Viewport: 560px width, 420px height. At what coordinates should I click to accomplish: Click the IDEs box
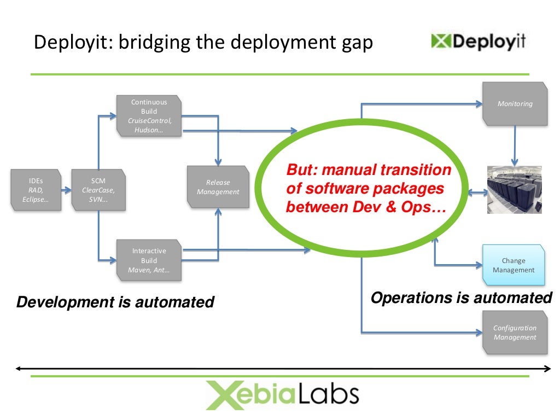coord(36,190)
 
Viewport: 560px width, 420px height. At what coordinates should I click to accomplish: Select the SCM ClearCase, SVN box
coord(98,190)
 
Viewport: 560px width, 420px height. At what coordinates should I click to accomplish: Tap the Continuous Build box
coord(149,116)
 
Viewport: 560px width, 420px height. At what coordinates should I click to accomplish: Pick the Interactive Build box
coord(149,260)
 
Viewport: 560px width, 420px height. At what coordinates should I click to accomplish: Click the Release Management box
coord(218,187)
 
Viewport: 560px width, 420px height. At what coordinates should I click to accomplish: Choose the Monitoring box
coord(515,103)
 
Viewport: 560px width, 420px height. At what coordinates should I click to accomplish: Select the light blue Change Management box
coord(514,265)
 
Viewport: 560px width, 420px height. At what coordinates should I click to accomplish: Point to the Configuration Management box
coord(515,332)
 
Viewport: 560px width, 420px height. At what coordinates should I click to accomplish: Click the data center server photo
coord(515,190)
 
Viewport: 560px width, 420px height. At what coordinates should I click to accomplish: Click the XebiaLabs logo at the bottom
coord(282,394)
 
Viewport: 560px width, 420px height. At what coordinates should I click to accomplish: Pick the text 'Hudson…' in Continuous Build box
coord(149,130)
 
